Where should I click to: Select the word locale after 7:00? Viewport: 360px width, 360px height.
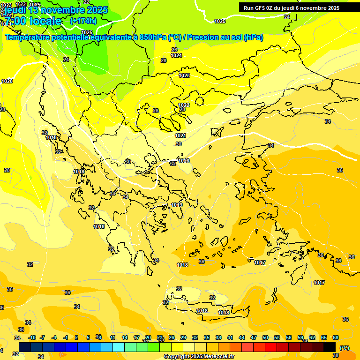click(44, 21)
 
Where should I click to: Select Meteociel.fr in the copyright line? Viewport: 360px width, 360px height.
click(217, 357)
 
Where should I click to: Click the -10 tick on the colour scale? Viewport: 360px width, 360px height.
click(32, 337)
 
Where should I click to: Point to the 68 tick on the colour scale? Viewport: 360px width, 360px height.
click(336, 337)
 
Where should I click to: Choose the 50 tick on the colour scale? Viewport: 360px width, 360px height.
click(265, 337)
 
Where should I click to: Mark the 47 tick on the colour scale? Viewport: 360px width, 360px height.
click(254, 337)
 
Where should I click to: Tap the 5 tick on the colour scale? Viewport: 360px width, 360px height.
click(88, 337)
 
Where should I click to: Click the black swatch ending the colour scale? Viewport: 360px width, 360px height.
click(330, 347)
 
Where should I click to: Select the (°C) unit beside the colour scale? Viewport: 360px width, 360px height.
click(344, 348)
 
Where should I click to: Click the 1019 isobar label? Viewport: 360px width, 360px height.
click(177, 205)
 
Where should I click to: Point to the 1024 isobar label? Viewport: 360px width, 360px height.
click(176, 55)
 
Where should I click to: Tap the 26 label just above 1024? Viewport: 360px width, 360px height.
click(174, 50)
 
